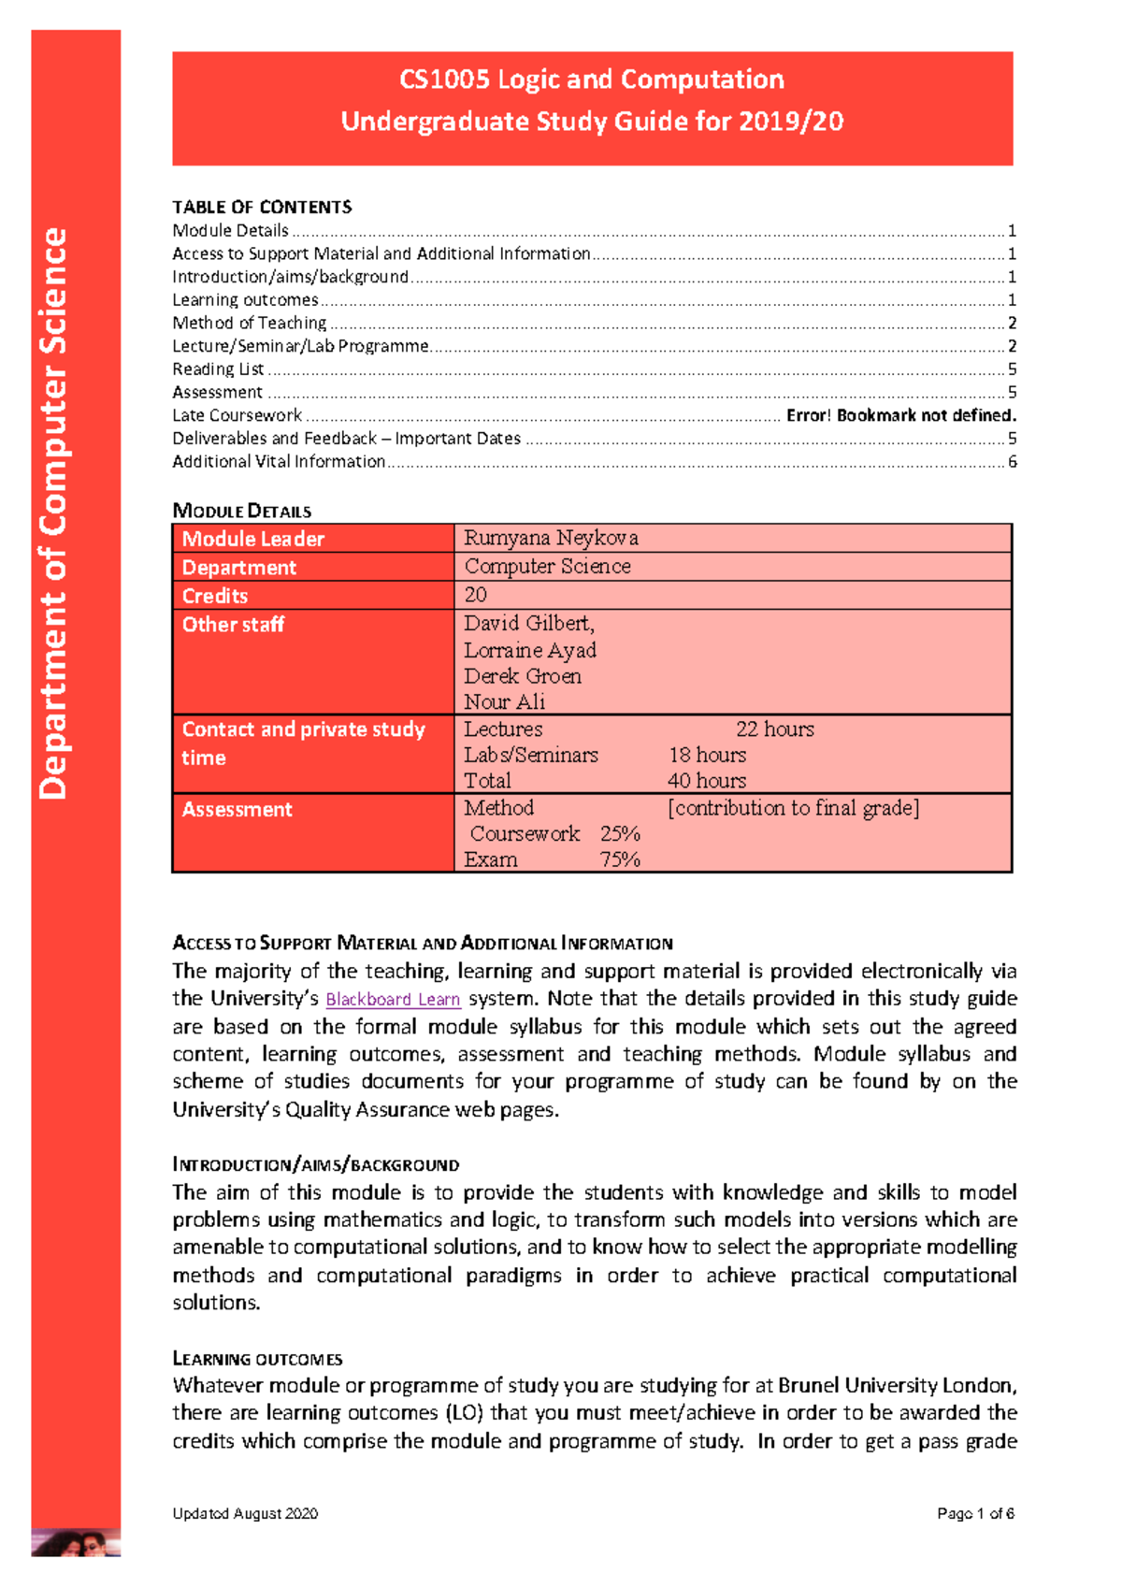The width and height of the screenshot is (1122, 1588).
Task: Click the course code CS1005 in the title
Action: pos(444,79)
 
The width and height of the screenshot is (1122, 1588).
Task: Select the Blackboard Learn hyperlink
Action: pos(393,999)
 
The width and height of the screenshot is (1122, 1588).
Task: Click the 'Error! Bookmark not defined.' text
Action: pos(900,415)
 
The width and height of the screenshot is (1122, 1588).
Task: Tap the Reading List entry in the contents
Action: pos(218,369)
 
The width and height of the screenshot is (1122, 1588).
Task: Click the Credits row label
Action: pos(215,596)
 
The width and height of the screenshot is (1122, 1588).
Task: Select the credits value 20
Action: pos(475,595)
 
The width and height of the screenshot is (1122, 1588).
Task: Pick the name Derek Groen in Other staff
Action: pos(522,676)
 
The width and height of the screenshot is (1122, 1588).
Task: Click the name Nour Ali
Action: pos(504,702)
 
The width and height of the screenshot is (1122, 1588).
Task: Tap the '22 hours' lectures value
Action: pos(774,729)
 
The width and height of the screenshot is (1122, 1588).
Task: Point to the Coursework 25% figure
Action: pos(620,833)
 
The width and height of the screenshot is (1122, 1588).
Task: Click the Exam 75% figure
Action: pos(620,859)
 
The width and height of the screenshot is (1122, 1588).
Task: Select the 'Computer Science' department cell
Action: pos(547,566)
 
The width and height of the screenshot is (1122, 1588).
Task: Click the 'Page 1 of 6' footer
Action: pos(975,1513)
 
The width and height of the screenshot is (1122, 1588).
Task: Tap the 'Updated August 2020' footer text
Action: pos(245,1513)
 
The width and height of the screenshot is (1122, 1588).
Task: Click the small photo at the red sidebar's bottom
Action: pos(76,1542)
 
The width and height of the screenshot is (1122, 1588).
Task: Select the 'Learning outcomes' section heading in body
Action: pos(257,1359)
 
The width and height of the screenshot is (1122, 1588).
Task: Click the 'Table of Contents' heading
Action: pos(262,207)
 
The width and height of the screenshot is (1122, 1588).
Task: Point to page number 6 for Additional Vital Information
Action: pos(1012,462)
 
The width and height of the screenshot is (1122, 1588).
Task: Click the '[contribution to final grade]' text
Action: pos(793,808)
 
